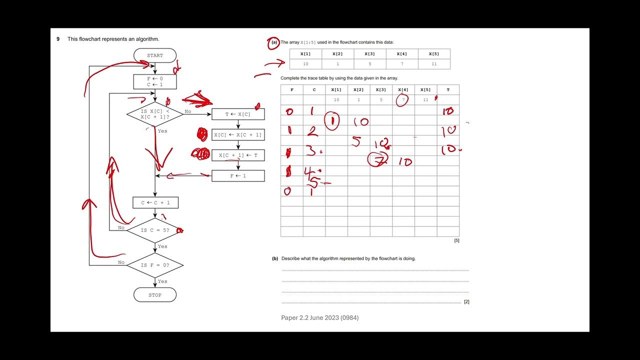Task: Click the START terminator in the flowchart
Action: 155,55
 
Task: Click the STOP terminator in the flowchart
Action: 155,295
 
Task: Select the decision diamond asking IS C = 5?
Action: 155,230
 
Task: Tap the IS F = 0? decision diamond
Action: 155,265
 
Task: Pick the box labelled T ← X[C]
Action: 238,114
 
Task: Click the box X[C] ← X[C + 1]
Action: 238,135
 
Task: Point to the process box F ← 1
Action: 238,175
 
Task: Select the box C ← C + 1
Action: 155,202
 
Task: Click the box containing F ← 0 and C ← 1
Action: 155,81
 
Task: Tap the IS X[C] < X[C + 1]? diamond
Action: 155,114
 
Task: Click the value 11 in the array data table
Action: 433,64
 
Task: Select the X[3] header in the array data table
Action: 369,54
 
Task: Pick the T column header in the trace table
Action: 448,90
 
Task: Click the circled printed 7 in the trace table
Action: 403,100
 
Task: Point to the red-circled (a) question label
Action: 273,43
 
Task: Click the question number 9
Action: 58,39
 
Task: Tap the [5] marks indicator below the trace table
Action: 456,240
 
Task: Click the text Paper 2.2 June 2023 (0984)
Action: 320,318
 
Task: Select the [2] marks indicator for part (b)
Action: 466,302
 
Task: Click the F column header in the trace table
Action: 292,90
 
